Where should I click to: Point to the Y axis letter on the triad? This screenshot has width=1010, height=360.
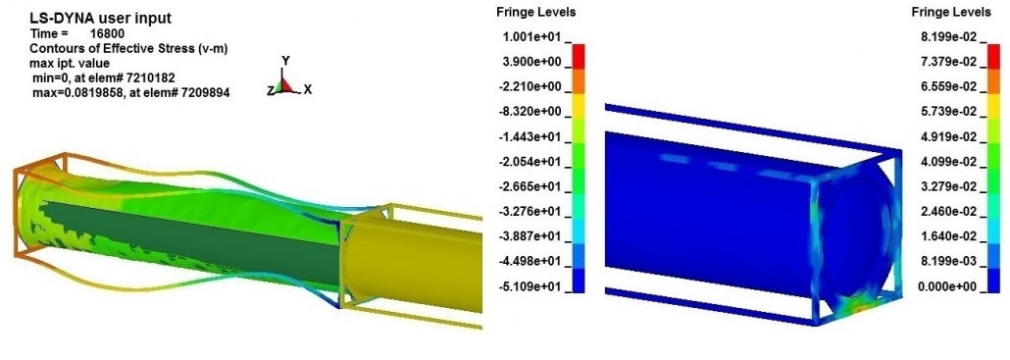coord(285,61)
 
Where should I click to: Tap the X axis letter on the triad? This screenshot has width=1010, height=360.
coord(308,89)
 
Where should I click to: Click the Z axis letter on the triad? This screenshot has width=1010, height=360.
coord(270,90)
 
